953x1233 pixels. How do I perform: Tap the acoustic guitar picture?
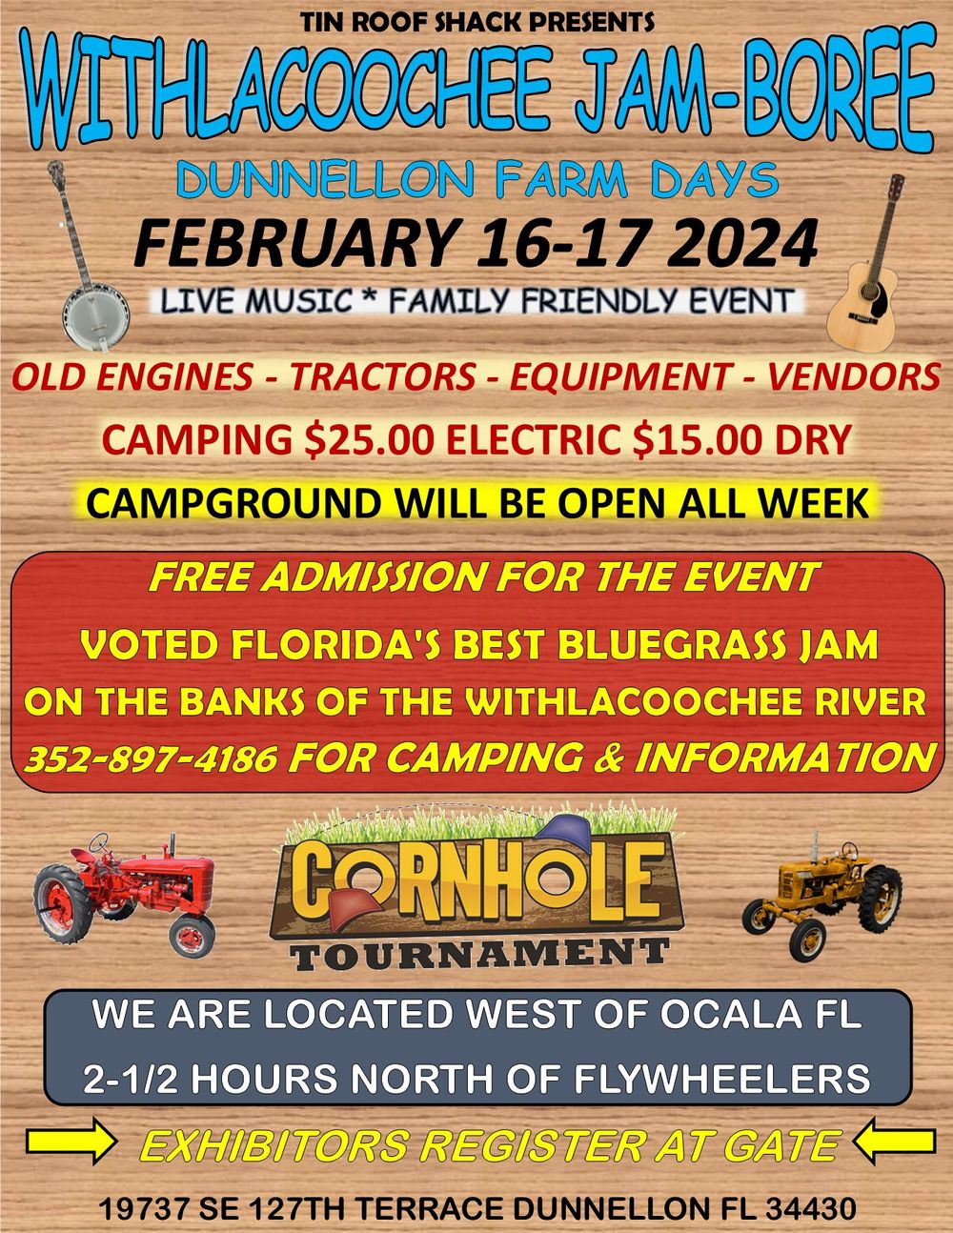866,273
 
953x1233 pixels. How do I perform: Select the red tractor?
124,896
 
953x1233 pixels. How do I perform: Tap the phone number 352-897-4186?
152,758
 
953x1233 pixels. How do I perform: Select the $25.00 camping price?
371,440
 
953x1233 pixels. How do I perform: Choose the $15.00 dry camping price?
699,440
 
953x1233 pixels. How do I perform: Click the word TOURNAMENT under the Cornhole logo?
480,954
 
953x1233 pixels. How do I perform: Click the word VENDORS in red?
854,376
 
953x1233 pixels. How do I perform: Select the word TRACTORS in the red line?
383,376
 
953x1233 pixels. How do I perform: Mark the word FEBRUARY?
294,243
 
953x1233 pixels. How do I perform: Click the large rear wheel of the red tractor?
62,904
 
